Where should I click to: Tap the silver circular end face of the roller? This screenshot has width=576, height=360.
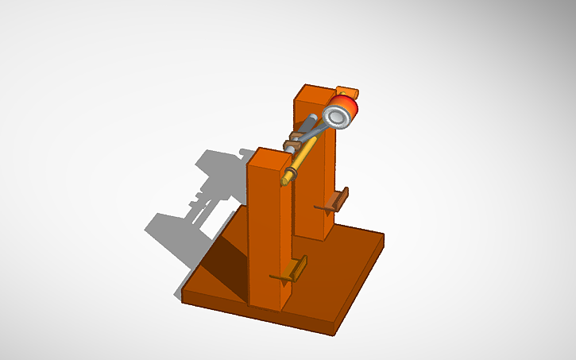pos(337,117)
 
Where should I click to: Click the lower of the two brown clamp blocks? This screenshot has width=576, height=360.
pos(291,149)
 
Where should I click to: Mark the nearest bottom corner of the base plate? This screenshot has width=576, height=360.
pos(334,331)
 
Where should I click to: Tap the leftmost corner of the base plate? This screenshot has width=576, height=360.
pos(184,298)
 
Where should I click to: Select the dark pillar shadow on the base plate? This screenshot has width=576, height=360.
pos(226,270)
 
